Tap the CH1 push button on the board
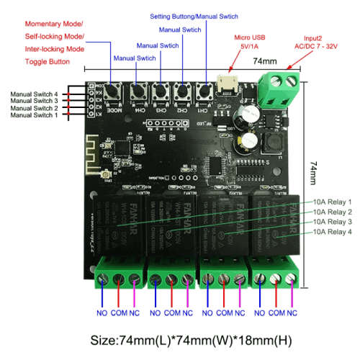point(205,92)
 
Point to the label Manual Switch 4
point(35,94)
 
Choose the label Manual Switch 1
point(35,115)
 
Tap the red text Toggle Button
point(45,62)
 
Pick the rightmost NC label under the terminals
point(292,313)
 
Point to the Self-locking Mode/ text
point(45,36)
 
